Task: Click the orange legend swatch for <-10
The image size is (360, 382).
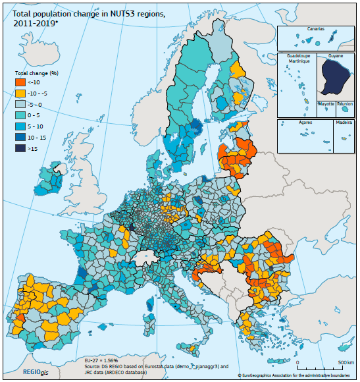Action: [20, 82]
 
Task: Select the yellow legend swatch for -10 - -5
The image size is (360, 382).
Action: [20, 93]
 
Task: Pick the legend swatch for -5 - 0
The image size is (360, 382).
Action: [20, 103]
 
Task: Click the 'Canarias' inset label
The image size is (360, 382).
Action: [316, 29]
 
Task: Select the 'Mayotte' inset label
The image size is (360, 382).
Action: [326, 104]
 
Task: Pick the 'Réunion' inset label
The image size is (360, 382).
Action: [346, 104]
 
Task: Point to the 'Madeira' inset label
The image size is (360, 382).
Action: [343, 123]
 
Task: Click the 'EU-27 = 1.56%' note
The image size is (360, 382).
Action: [101, 360]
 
